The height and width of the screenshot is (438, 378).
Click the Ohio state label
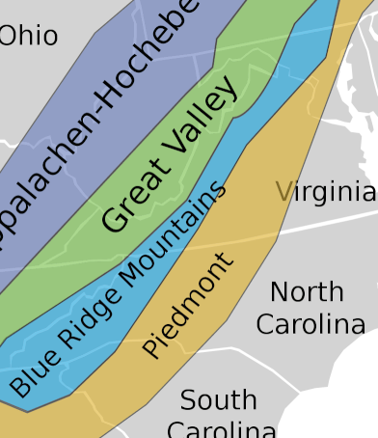coord(29,37)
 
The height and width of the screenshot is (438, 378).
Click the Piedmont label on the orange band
coord(189,306)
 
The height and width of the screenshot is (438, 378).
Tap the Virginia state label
coord(325,192)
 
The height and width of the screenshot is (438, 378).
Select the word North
coord(307,291)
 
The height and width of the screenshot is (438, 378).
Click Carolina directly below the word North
coord(310,324)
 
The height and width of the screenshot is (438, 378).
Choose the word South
coord(218,400)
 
